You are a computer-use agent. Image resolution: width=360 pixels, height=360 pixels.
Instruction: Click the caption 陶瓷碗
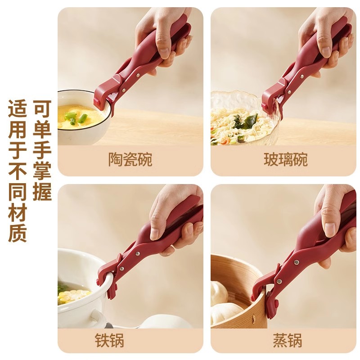tap(130, 159)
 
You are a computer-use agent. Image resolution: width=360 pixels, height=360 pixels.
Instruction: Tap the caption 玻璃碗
tap(286, 159)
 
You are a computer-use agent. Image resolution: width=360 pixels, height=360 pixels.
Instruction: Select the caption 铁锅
tap(109, 340)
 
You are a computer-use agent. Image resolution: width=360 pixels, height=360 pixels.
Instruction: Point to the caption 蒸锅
tap(287, 340)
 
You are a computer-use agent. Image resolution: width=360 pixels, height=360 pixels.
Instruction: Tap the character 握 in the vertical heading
tap(42, 192)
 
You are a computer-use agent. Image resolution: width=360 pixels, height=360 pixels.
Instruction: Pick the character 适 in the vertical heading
tap(18, 108)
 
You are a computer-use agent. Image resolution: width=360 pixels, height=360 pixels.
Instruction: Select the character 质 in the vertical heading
tap(18, 233)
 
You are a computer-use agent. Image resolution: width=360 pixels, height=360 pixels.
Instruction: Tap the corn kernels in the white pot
tap(73, 294)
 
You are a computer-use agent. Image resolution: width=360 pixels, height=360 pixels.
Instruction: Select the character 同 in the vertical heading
tap(18, 192)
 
